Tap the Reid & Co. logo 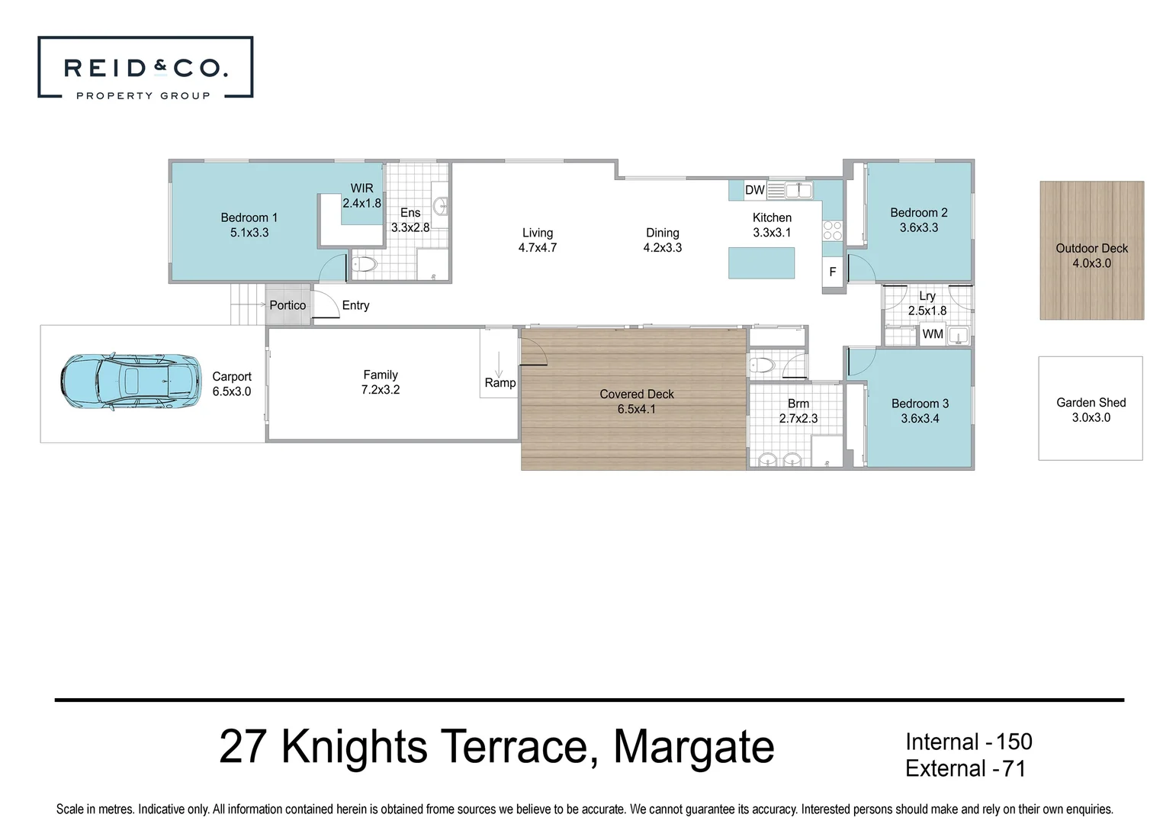coord(145,68)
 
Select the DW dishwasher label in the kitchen coord(754,190)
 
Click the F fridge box coord(832,272)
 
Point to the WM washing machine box coord(932,334)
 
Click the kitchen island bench coord(761,262)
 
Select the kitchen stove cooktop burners coord(832,230)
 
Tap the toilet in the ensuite coord(365,265)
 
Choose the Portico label coord(288,305)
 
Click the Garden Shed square coord(1090,409)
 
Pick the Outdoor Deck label coord(1091,248)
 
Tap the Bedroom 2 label coord(918,213)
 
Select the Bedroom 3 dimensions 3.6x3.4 coord(920,418)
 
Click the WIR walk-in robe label coord(361,188)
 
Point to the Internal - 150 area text coord(968,742)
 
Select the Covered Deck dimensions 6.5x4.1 coord(636,409)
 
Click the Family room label coord(380,375)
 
